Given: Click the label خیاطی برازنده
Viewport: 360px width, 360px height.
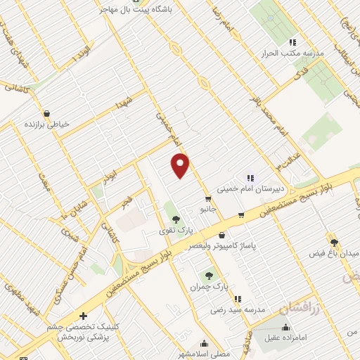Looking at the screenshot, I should (47, 124).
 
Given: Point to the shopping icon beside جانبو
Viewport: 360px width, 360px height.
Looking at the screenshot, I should (207, 200).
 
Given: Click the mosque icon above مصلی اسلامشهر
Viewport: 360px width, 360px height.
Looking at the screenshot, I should (204, 343).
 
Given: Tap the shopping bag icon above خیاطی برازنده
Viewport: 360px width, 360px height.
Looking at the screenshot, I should (46, 112).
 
